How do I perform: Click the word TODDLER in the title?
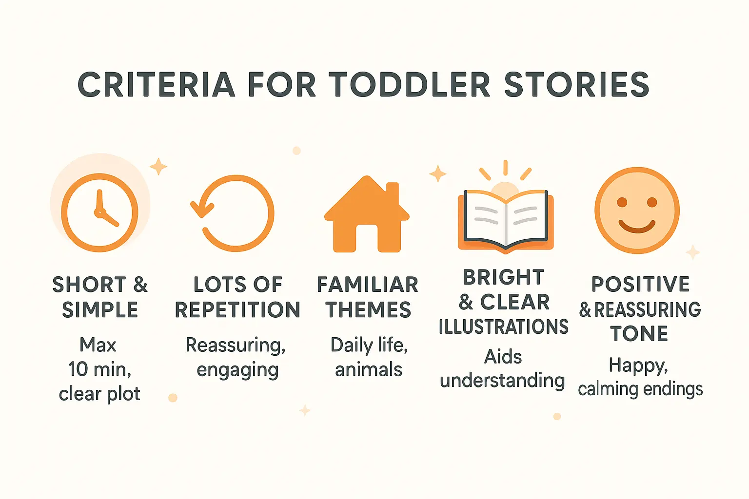[409, 85]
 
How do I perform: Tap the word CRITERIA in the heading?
[156, 85]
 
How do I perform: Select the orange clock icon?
[99, 212]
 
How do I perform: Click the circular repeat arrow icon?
[234, 213]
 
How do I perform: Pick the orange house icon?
[367, 214]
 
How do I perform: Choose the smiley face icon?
[636, 211]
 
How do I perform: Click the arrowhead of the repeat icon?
[201, 209]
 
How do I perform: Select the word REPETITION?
[237, 310]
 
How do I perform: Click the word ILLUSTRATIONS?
[503, 327]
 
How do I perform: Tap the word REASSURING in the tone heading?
[647, 309]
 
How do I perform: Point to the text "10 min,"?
[99, 369]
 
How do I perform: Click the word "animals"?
[369, 369]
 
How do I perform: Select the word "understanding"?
[502, 381]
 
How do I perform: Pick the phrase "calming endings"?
[640, 389]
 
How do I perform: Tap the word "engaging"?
[237, 370]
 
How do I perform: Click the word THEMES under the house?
[369, 310]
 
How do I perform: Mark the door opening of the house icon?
[367, 238]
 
